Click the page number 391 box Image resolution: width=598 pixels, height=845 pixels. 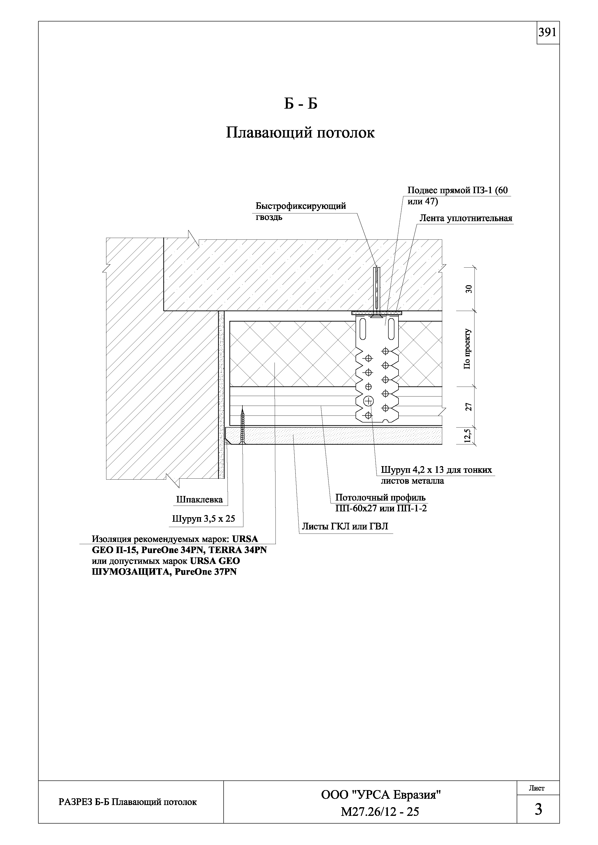(548, 33)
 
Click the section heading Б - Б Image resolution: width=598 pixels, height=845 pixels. (300, 104)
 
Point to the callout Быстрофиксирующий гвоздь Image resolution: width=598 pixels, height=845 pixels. (301, 211)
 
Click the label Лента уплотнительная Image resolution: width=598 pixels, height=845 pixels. (466, 218)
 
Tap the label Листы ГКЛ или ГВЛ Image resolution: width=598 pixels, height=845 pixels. (345, 527)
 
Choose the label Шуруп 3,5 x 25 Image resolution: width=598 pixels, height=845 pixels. (203, 519)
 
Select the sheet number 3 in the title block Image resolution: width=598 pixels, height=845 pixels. (538, 809)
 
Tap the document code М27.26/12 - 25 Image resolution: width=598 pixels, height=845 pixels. (380, 812)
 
